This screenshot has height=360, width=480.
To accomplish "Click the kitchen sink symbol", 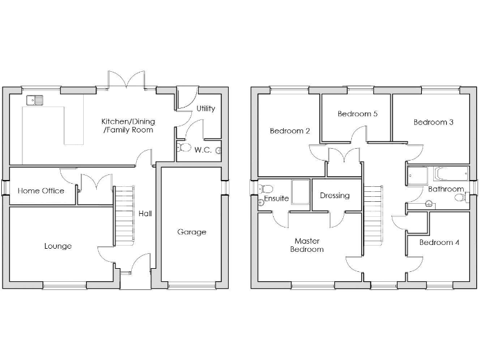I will [x=34, y=99].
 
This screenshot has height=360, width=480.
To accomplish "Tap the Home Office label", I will [x=41, y=191].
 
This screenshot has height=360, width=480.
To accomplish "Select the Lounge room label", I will [x=57, y=246].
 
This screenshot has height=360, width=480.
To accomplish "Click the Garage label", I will [x=192, y=232].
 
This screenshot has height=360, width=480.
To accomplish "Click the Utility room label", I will [x=206, y=108].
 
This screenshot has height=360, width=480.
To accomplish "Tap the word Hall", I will [x=145, y=213].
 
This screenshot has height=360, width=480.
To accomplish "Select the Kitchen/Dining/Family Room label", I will [x=128, y=126].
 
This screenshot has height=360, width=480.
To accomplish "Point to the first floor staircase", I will [x=372, y=216].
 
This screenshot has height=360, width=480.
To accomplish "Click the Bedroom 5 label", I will [x=357, y=114].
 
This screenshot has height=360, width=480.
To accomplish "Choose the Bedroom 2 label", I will [x=290, y=131].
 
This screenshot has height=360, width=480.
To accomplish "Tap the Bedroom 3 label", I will [x=434, y=122].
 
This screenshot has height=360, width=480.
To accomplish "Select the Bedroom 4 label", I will [x=439, y=242].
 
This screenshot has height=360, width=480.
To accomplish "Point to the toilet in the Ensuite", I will [x=266, y=188].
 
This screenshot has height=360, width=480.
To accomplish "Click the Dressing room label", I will [x=334, y=196].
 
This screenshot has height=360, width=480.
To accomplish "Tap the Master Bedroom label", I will [x=308, y=244].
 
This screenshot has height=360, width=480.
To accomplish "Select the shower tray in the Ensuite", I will [x=300, y=191].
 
